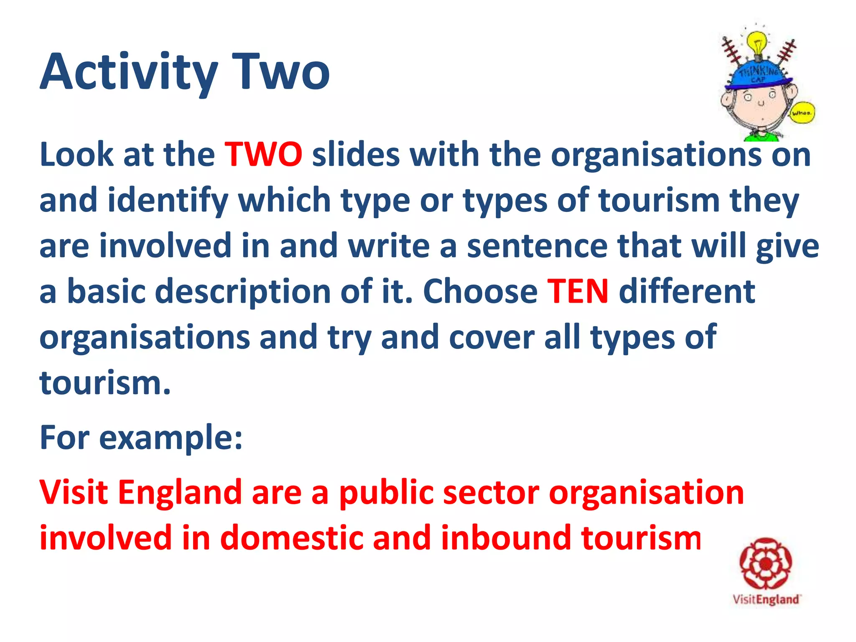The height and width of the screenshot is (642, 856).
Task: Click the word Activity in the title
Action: pos(129,72)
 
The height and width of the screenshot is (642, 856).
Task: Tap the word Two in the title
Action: pos(280,72)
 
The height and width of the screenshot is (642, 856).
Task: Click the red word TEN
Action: pos(578,291)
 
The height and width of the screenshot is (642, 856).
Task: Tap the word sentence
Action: pos(537,246)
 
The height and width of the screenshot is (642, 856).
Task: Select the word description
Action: pos(243,292)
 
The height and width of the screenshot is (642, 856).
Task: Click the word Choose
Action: pos(480,291)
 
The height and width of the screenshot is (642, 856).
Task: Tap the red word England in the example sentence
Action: pos(180,493)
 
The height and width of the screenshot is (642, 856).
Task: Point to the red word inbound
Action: pos(505,538)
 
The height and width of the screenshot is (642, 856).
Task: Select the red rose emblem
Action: pos(766,564)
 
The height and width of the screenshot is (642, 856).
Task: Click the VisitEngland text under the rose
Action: pos(766,600)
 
